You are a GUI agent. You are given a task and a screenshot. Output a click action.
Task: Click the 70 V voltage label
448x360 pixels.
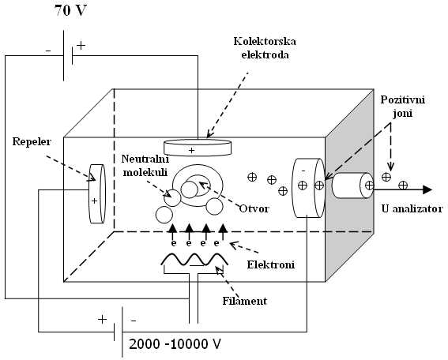70,10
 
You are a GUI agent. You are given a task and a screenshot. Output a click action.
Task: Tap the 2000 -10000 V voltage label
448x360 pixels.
175,344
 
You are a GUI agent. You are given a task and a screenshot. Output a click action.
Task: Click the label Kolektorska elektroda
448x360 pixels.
265,47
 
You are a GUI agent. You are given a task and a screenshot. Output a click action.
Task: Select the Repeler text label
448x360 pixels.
32,141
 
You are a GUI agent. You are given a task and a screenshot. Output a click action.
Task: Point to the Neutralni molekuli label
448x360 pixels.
145,166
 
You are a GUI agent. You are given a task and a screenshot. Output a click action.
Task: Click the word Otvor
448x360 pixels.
254,208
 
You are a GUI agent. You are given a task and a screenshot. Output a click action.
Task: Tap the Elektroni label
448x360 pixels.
270,264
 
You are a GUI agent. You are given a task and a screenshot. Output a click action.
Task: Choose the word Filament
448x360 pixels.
245,301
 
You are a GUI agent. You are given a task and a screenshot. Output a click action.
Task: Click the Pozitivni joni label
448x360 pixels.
403,107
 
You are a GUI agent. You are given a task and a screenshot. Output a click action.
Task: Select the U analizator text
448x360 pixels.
412,208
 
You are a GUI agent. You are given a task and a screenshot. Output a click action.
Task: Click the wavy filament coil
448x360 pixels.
194,260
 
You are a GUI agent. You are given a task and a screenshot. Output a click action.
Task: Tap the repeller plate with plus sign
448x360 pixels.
97,193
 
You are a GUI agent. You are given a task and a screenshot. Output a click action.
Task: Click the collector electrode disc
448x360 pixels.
198,148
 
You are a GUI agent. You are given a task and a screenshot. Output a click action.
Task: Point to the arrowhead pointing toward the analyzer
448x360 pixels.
427,189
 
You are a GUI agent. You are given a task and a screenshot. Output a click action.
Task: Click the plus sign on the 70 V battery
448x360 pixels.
81,46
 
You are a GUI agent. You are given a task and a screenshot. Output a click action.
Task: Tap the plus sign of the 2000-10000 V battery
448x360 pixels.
102,319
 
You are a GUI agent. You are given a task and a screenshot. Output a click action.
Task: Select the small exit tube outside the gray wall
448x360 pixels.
353,186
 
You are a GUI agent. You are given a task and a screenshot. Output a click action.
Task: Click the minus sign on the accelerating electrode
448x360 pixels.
303,171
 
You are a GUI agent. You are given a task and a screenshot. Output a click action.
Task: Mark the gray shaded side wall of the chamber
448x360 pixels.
349,185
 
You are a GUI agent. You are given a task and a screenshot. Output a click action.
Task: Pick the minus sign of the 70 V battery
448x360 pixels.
48,51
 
